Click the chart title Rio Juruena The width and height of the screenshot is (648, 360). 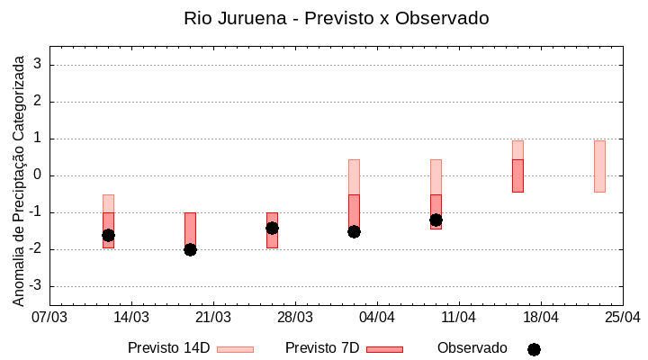(336, 18)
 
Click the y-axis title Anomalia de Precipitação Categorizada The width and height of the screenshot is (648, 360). (18, 175)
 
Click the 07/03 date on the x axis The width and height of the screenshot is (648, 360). (49, 318)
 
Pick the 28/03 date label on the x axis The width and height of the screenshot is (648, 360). (295, 318)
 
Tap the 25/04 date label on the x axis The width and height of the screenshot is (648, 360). (623, 318)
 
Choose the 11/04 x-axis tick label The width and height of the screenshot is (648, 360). (459, 318)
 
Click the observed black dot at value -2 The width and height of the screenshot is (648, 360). (190, 249)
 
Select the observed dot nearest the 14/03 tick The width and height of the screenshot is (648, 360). (108, 235)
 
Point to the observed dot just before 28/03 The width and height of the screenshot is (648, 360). (272, 228)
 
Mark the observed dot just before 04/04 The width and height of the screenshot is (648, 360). (354, 231)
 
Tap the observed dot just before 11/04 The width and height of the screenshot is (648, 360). (436, 220)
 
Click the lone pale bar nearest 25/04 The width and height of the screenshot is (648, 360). (599, 166)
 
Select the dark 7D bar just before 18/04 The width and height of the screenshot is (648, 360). (517, 175)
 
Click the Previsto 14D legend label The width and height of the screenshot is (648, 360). (168, 348)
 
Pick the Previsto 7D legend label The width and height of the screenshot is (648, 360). (322, 348)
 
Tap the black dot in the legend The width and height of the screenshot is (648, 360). (534, 349)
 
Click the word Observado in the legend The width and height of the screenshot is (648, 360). (472, 348)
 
